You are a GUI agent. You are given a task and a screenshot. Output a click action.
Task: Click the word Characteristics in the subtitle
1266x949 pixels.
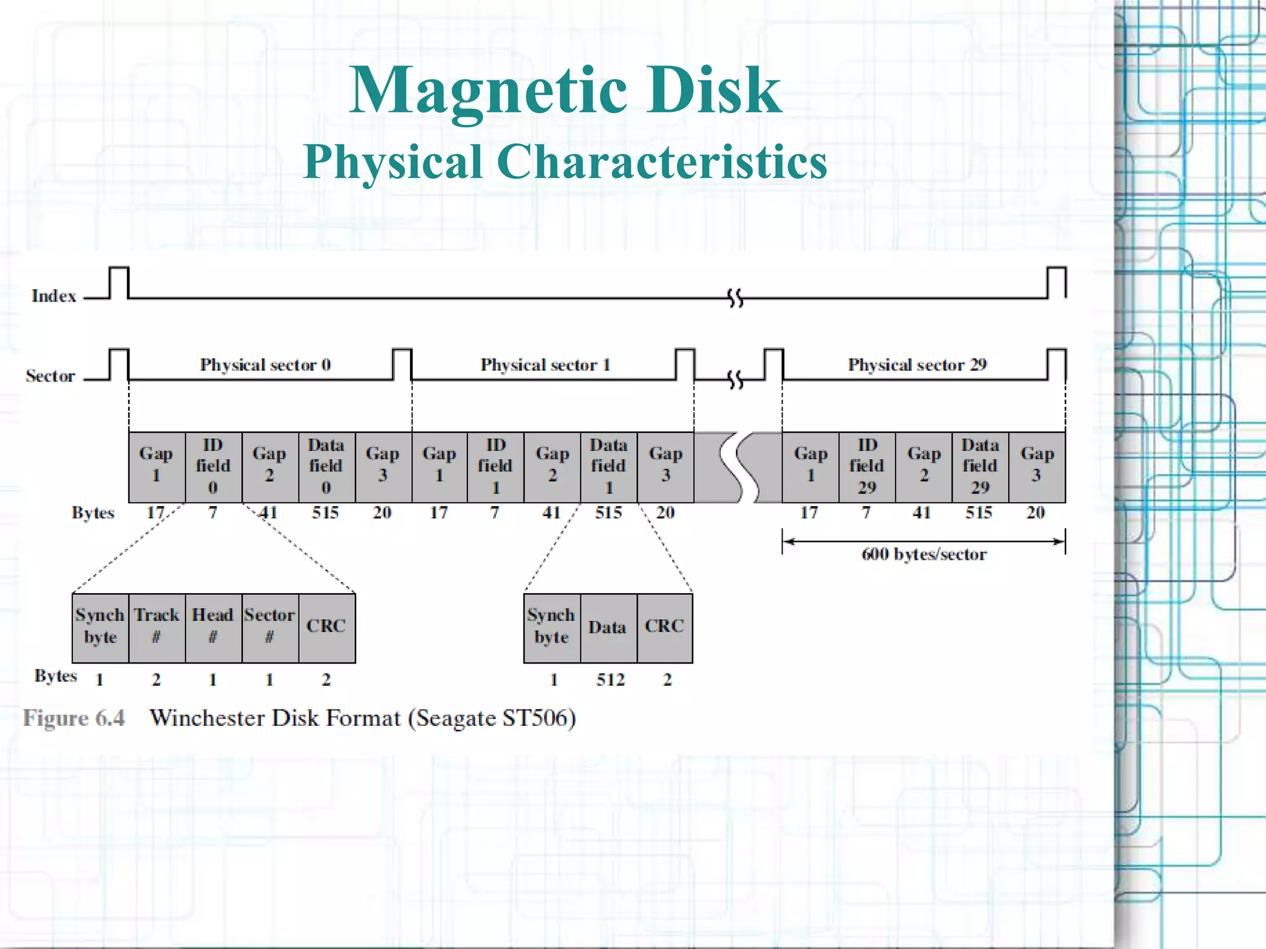point(662,162)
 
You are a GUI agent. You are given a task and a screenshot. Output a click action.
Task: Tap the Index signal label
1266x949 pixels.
point(54,296)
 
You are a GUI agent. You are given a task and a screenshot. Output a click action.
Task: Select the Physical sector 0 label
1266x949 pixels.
point(265,365)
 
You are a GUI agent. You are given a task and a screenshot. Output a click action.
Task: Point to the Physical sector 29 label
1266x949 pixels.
point(917,365)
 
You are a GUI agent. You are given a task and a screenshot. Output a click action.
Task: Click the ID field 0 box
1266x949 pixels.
point(213,466)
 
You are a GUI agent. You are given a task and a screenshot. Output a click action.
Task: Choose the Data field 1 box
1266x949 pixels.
point(608,466)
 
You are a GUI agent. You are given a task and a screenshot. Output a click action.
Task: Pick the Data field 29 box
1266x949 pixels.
point(980,466)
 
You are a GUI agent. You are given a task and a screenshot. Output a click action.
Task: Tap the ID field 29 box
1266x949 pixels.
point(867,466)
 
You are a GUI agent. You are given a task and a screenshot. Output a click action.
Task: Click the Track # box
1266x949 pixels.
point(156,626)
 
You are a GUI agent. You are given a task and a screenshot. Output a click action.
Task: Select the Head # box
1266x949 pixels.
point(213,626)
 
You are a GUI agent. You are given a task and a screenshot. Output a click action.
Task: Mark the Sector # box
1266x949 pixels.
point(270,626)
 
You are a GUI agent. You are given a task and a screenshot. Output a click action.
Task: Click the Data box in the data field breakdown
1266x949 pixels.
point(608,628)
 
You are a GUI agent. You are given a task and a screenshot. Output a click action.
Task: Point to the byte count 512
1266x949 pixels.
point(610,680)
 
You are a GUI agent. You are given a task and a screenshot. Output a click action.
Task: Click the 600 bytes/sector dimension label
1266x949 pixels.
point(924,554)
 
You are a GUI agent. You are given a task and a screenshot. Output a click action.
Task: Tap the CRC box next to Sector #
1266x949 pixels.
point(326,626)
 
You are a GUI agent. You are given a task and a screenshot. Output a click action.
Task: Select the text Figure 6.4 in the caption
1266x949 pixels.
point(74,718)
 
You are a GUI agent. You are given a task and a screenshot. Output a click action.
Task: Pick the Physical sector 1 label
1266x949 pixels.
point(545,365)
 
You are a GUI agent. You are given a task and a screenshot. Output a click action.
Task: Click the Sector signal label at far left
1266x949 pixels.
point(50,376)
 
